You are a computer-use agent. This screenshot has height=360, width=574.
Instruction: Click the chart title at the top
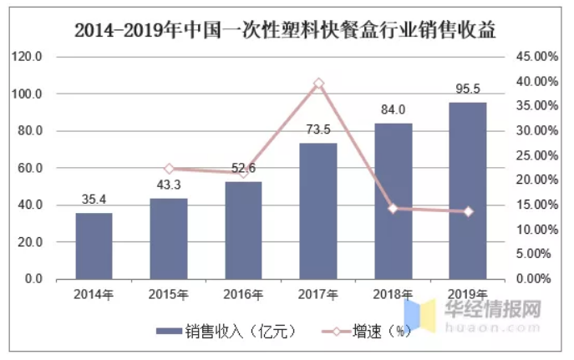(x=286, y=32)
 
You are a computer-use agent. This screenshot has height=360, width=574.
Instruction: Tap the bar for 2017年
(x=318, y=210)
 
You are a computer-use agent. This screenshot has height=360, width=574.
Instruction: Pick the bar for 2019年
(x=468, y=190)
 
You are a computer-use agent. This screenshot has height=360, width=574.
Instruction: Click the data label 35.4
(x=94, y=200)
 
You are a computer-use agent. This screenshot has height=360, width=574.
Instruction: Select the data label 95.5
(x=468, y=89)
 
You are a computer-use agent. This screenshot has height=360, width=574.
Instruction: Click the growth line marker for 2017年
(x=318, y=84)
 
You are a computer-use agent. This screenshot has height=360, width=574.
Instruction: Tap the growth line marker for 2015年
(x=169, y=169)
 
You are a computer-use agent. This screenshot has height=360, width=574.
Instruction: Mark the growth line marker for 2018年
(x=394, y=208)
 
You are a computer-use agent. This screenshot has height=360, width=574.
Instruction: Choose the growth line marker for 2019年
(x=468, y=211)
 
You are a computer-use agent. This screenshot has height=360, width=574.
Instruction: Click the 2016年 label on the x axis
(x=243, y=294)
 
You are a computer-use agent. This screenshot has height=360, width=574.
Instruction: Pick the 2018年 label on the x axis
(x=394, y=294)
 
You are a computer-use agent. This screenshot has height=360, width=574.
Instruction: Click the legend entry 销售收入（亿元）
(x=226, y=332)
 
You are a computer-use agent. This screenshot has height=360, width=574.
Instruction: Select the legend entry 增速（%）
(x=368, y=332)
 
